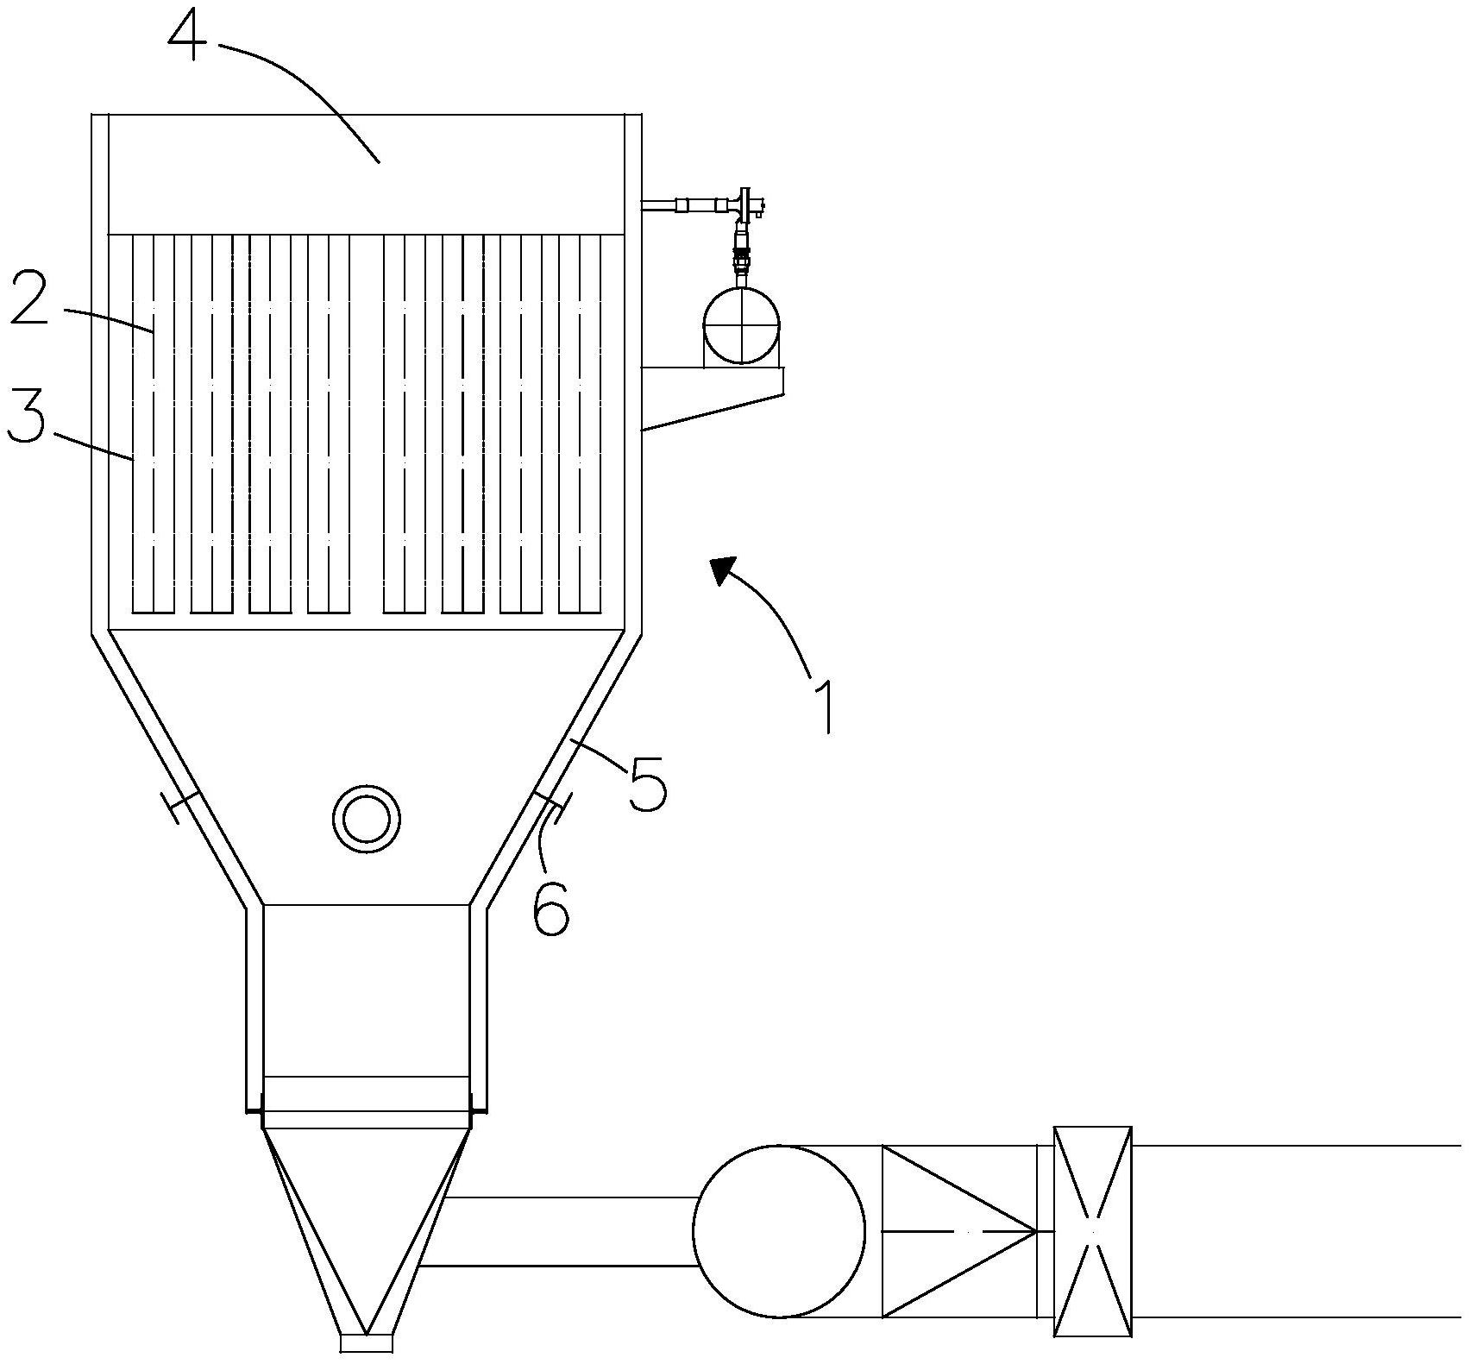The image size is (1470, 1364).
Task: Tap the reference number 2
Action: (29, 296)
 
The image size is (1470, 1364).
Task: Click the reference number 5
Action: (648, 783)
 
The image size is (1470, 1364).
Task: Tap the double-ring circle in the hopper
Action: (367, 819)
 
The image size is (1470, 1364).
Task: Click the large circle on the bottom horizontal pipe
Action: (779, 1231)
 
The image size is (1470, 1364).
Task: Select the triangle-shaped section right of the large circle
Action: (958, 1231)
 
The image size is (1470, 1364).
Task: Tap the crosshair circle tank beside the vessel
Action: (741, 326)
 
